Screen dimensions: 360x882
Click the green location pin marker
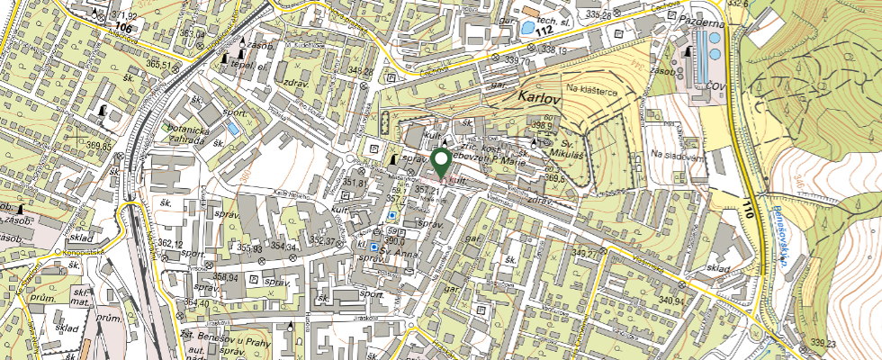click(441, 162)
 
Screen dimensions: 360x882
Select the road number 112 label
click(542, 31)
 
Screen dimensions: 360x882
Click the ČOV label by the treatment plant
click(716, 85)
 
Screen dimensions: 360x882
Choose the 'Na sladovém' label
click(678, 157)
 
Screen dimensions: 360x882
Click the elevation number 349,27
click(586, 253)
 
